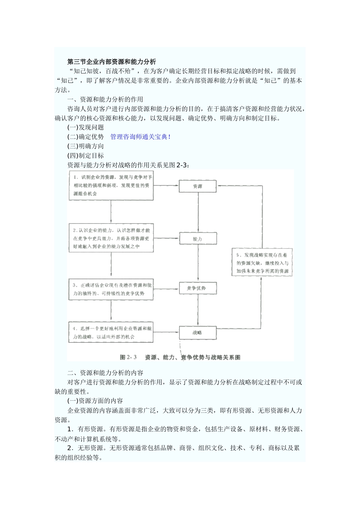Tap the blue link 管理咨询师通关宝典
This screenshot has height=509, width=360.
pos(139,137)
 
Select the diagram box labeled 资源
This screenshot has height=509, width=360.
pos(197,186)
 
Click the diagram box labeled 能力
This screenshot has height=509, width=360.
pos(197,239)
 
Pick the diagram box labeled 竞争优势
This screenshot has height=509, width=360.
pos(197,288)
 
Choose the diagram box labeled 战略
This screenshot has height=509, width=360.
pos(197,333)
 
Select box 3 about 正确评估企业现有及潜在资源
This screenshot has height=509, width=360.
pos(111,289)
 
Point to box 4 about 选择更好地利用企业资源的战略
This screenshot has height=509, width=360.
pos(111,332)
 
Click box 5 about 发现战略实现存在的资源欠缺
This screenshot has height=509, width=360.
pos(262,263)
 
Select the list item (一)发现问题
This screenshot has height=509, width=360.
pos(86,127)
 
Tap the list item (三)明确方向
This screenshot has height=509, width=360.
pos(86,146)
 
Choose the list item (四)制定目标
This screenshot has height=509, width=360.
pos(86,156)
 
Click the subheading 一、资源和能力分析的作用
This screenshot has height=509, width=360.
pos(105,99)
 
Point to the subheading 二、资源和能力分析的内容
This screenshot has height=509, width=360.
pos(105,373)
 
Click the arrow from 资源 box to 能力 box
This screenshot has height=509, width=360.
pos(197,212)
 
